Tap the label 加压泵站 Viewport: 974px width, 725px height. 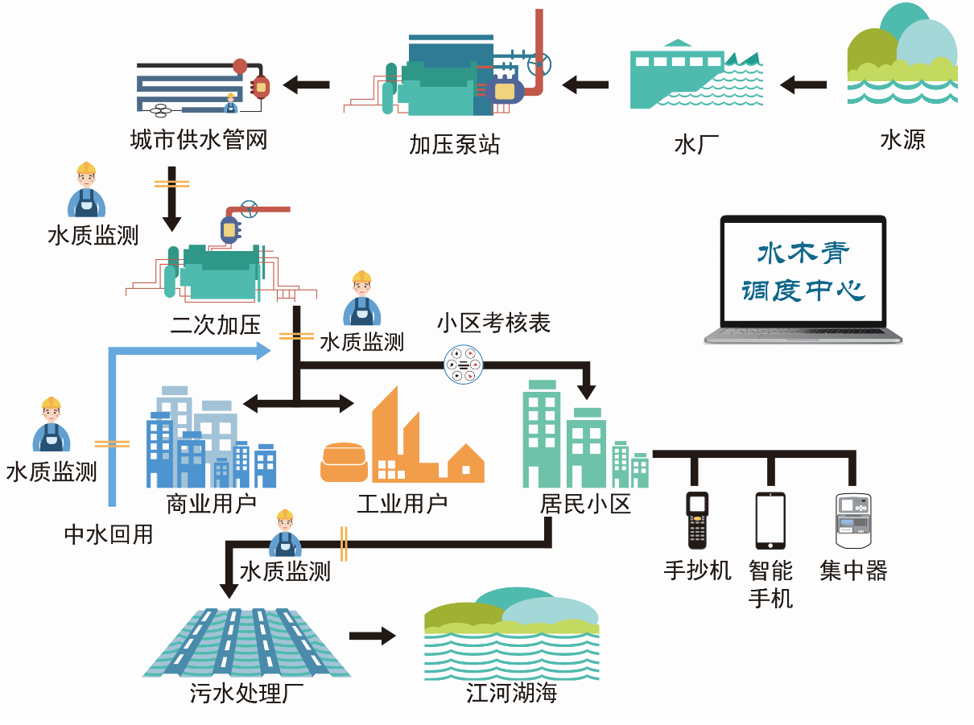point(454,144)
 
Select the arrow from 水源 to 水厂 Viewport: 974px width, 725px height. point(803,83)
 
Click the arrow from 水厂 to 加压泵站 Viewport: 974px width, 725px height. point(585,83)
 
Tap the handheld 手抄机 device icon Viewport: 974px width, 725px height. point(697,519)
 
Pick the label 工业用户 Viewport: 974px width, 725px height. point(402,505)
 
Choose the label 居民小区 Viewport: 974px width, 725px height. point(585,505)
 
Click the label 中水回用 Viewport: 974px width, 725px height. point(109,534)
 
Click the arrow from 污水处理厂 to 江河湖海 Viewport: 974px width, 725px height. point(373,636)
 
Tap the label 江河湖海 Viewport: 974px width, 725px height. point(511,693)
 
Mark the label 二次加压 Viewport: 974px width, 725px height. point(216,325)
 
